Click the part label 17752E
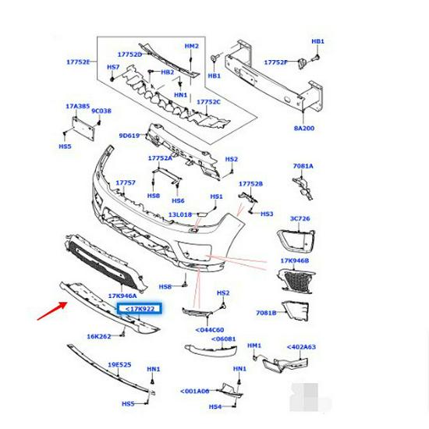77,62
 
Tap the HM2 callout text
192,46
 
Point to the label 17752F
275,62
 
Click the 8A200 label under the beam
305,128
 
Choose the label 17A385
78,105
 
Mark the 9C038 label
101,112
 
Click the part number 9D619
129,136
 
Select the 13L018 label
180,214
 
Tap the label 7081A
303,166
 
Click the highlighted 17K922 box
139,310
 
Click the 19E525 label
119,364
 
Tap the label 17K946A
122,296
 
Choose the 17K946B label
295,261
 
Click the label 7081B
267,313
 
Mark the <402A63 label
300,347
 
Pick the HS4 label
215,406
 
